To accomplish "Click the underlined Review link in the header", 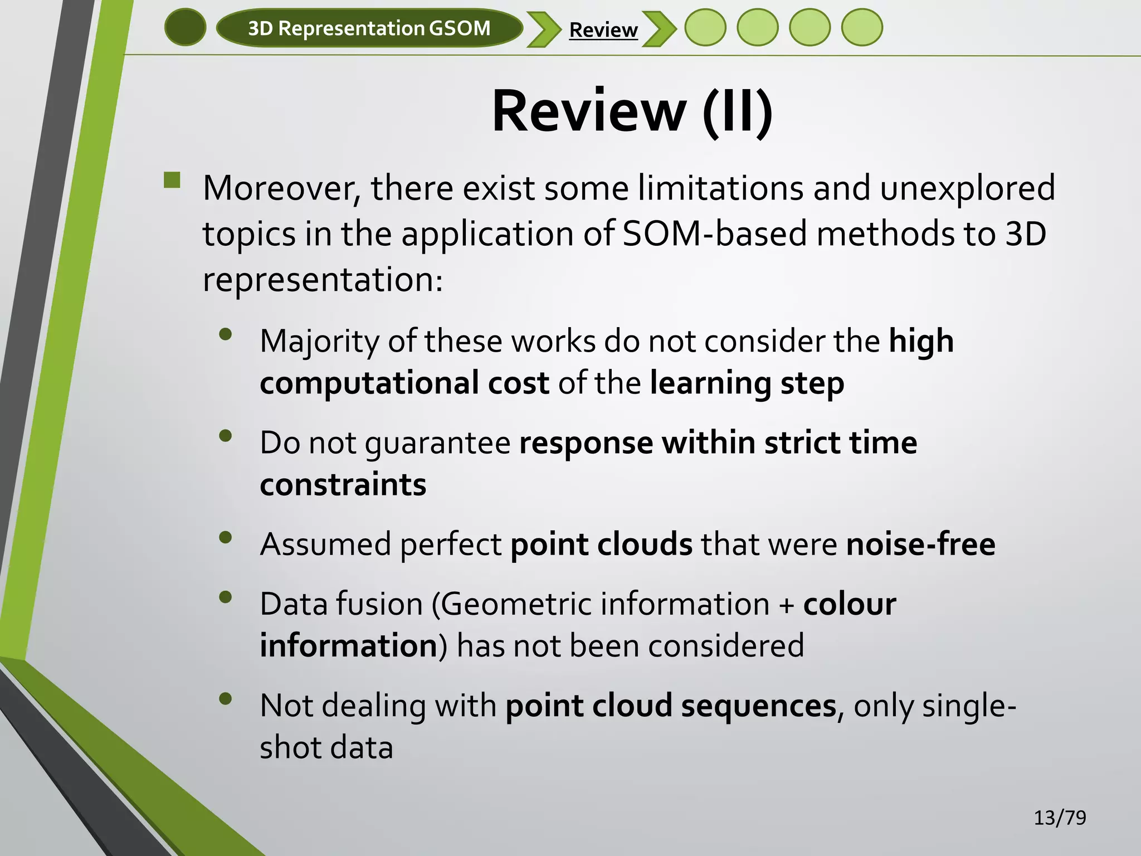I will pyautogui.click(x=603, y=30).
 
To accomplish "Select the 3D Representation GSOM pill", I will pyautogui.click(x=369, y=28).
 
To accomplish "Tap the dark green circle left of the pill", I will pyautogui.click(x=186, y=27).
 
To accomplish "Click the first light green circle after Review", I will pyautogui.click(x=705, y=27).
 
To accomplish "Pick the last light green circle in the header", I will pyautogui.click(x=862, y=27).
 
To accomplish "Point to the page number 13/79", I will pyautogui.click(x=1060, y=818).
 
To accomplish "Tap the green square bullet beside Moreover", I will pyautogui.click(x=173, y=180).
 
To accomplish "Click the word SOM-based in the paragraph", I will pyautogui.click(x=714, y=234).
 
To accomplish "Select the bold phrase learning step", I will pyautogui.click(x=747, y=383).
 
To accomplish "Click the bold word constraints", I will pyautogui.click(x=343, y=484).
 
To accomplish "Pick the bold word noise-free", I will pyautogui.click(x=920, y=544).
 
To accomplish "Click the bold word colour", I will pyautogui.click(x=849, y=604).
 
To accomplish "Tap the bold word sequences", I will pyautogui.click(x=758, y=706).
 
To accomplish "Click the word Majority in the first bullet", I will pyautogui.click(x=319, y=341).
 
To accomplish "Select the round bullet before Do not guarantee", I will pyautogui.click(x=226, y=436).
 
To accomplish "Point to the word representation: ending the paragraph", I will pyautogui.click(x=323, y=280).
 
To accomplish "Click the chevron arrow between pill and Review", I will pyautogui.click(x=544, y=29).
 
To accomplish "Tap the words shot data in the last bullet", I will pyautogui.click(x=326, y=747).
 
